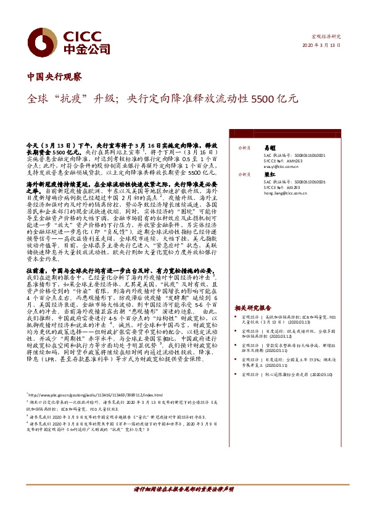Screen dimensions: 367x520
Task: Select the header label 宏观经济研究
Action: tap(326, 37)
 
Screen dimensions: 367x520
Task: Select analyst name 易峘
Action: tap(268, 148)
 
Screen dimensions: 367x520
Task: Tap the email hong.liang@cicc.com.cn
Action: tap(287, 194)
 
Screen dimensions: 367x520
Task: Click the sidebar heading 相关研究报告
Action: tap(252, 307)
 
